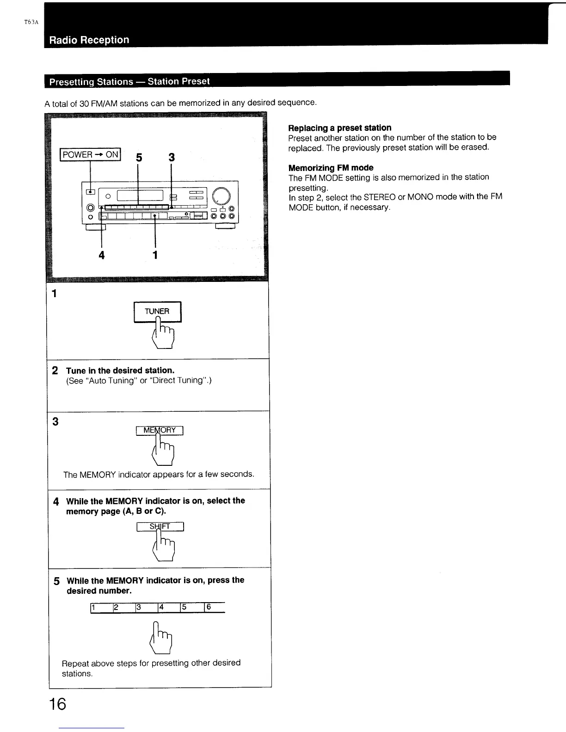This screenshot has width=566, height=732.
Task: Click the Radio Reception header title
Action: (89, 40)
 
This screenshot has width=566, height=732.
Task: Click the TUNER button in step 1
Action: (157, 311)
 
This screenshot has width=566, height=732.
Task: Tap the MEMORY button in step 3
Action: (160, 430)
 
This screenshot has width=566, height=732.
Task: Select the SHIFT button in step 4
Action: (160, 526)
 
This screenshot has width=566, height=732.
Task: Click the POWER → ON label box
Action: (90, 154)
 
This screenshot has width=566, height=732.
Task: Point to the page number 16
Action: (58, 704)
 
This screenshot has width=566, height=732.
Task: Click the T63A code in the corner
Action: (31, 22)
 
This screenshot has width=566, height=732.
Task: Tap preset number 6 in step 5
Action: (209, 607)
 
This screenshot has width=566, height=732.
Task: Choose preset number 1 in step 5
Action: (93, 607)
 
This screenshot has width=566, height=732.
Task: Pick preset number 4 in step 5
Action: (161, 607)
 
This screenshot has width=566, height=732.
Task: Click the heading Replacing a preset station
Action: (339, 128)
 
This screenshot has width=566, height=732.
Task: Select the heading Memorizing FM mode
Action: (331, 168)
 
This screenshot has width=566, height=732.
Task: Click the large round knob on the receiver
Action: (221, 196)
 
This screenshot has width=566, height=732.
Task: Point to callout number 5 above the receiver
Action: (138, 158)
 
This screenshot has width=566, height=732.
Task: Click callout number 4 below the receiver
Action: (102, 255)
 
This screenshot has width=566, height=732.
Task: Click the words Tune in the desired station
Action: (120, 370)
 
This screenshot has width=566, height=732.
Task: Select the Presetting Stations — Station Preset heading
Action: (129, 81)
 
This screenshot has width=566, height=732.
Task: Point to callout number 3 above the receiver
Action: (172, 158)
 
